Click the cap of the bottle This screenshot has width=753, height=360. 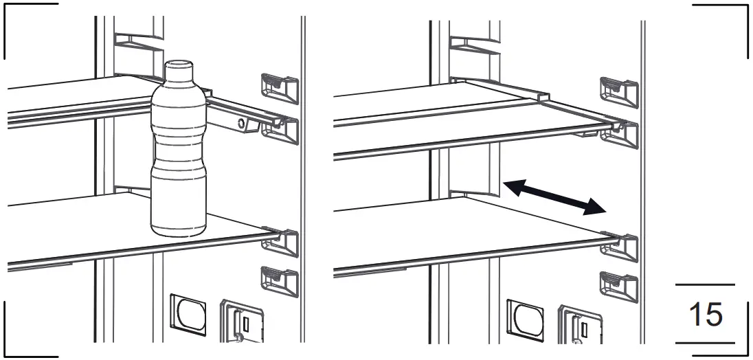(180, 69)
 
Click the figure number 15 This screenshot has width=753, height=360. (705, 314)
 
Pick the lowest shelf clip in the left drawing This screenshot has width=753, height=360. (279, 280)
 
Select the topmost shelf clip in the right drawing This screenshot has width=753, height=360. (618, 88)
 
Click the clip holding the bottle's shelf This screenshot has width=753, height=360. (282, 240)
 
